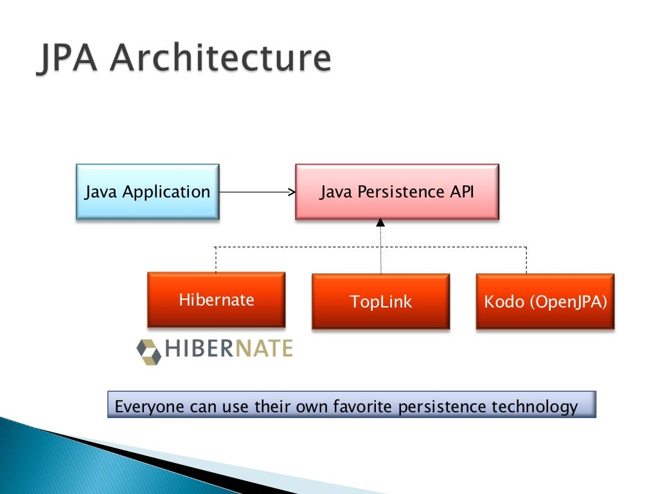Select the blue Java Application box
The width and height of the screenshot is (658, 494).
click(x=148, y=192)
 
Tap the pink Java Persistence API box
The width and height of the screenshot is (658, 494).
click(x=397, y=192)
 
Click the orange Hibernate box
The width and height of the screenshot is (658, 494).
click(x=217, y=300)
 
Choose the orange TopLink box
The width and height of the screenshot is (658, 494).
click(x=380, y=301)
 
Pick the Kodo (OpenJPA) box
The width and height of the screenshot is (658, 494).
click(x=545, y=301)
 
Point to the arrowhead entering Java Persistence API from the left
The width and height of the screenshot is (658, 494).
click(x=291, y=192)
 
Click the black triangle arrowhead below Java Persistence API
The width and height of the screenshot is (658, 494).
click(x=380, y=223)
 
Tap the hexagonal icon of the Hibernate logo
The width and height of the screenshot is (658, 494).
click(x=149, y=351)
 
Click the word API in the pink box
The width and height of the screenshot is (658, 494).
click(x=461, y=192)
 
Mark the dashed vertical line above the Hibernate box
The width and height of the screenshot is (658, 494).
click(x=215, y=260)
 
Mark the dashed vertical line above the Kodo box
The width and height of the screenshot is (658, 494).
click(x=527, y=260)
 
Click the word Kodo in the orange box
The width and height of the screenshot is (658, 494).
click(x=504, y=301)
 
